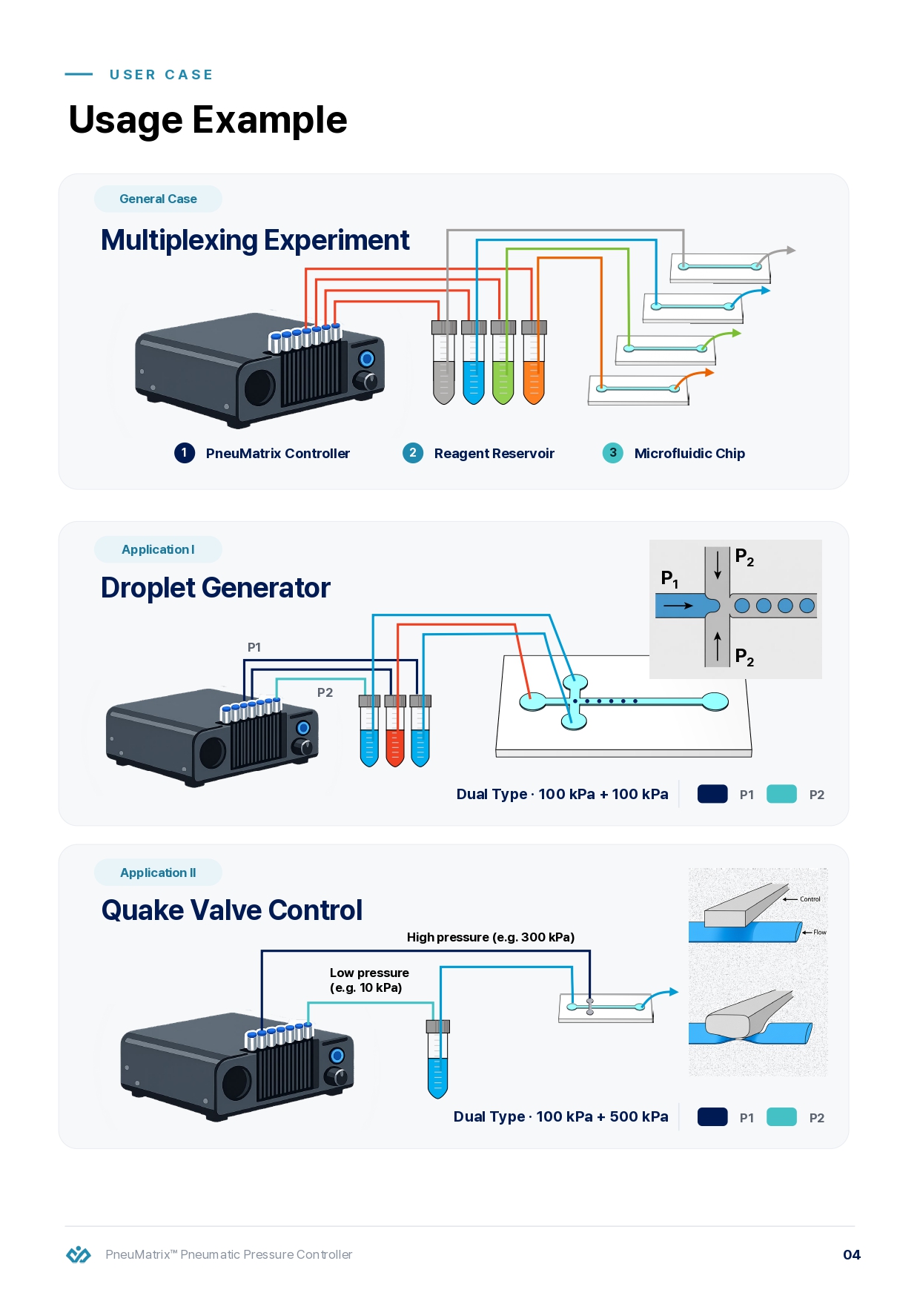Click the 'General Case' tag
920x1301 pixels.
(158, 199)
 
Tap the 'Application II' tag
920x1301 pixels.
(158, 873)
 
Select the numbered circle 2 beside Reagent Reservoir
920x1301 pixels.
(413, 452)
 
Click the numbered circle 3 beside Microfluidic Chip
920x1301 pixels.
(613, 452)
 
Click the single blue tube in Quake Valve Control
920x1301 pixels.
(438, 1059)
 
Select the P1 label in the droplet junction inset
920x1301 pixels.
(669, 579)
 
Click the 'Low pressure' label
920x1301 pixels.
(369, 973)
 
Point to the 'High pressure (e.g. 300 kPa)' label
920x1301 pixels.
(491, 937)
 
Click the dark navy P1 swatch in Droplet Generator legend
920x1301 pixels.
(712, 794)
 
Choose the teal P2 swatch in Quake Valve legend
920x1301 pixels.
(781, 1117)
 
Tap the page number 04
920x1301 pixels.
(852, 1254)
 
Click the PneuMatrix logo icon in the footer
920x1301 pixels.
(79, 1254)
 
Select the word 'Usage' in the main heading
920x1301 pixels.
(125, 120)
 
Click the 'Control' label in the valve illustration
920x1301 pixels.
(810, 899)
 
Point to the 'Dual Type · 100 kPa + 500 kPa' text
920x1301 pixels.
(560, 1117)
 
